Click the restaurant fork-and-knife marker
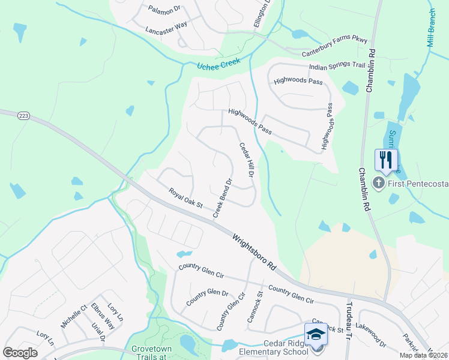(386, 160)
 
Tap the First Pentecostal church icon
(378, 183)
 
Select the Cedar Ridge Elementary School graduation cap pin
(316, 335)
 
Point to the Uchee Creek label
(218, 63)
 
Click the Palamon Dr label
(164, 10)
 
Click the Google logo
(20, 353)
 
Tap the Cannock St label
(255, 307)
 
